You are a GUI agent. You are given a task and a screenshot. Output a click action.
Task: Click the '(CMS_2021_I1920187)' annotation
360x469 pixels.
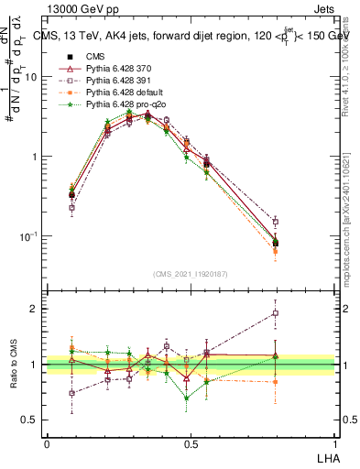(190, 274)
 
